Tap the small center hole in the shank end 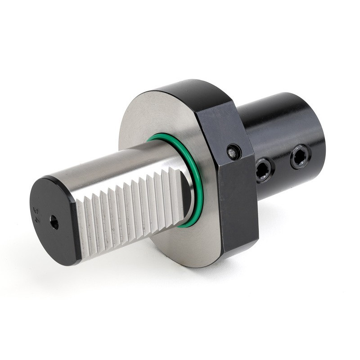(x=54, y=222)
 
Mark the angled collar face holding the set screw (x=220, y=130)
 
